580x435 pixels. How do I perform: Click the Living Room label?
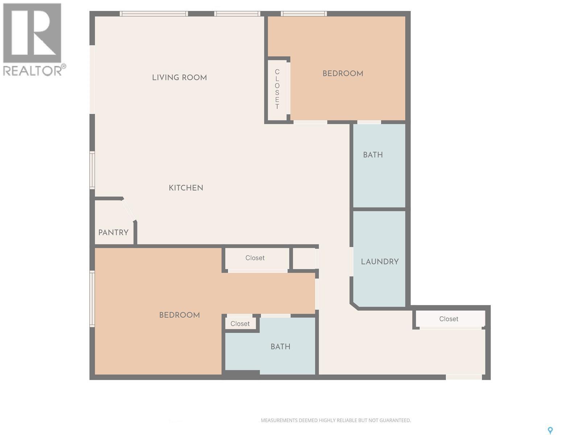[179, 78]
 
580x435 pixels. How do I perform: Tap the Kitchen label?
[186, 188]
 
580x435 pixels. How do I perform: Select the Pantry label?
[113, 232]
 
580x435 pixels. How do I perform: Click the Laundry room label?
[380, 261]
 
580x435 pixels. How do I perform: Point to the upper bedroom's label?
[343, 74]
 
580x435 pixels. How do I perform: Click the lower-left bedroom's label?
[179, 315]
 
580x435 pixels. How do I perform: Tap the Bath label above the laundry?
[373, 155]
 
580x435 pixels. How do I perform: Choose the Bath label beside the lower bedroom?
[281, 347]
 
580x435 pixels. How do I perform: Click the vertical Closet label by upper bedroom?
[277, 89]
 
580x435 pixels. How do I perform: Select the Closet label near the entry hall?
[449, 319]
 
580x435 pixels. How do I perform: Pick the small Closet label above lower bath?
[240, 324]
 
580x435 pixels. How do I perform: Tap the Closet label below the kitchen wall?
[255, 258]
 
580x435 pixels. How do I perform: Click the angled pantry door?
[129, 210]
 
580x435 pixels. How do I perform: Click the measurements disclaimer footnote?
[336, 420]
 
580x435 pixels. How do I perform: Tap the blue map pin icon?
[550, 430]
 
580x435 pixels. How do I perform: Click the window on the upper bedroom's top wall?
[304, 14]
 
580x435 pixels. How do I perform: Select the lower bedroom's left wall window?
[92, 299]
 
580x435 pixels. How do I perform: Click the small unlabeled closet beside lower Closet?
[304, 258]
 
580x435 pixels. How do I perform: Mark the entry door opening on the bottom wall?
[464, 377]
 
